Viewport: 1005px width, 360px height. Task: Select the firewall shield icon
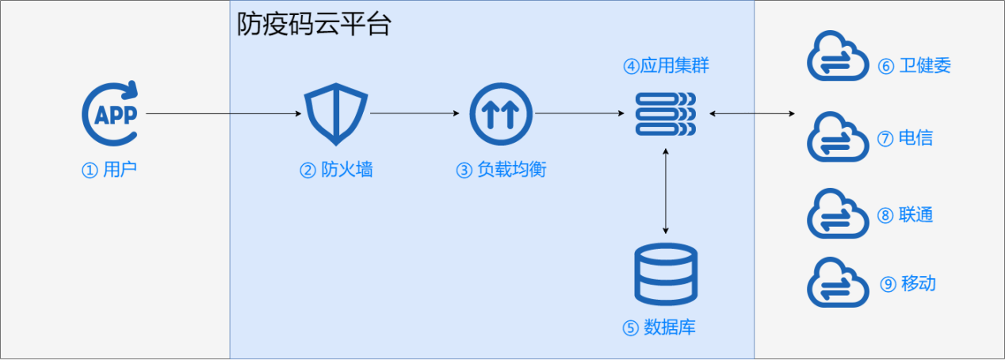pyautogui.click(x=336, y=115)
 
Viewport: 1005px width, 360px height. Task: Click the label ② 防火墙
pyautogui.click(x=336, y=170)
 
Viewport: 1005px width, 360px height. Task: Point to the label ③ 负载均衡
pyautogui.click(x=501, y=170)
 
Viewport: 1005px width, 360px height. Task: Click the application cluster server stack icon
pyautogui.click(x=666, y=114)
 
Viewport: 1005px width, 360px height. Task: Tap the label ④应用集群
pyautogui.click(x=666, y=66)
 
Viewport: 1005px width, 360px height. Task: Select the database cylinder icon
pyautogui.click(x=667, y=273)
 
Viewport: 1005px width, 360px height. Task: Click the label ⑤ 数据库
pyautogui.click(x=659, y=327)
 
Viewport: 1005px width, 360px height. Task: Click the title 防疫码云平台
pyautogui.click(x=314, y=25)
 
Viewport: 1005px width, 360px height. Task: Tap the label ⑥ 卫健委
pyautogui.click(x=914, y=66)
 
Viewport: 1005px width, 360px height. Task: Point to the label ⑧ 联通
pyautogui.click(x=905, y=215)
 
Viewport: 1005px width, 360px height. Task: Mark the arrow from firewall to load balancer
pyautogui.click(x=415, y=114)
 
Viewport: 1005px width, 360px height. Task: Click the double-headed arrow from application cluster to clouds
pyautogui.click(x=751, y=114)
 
